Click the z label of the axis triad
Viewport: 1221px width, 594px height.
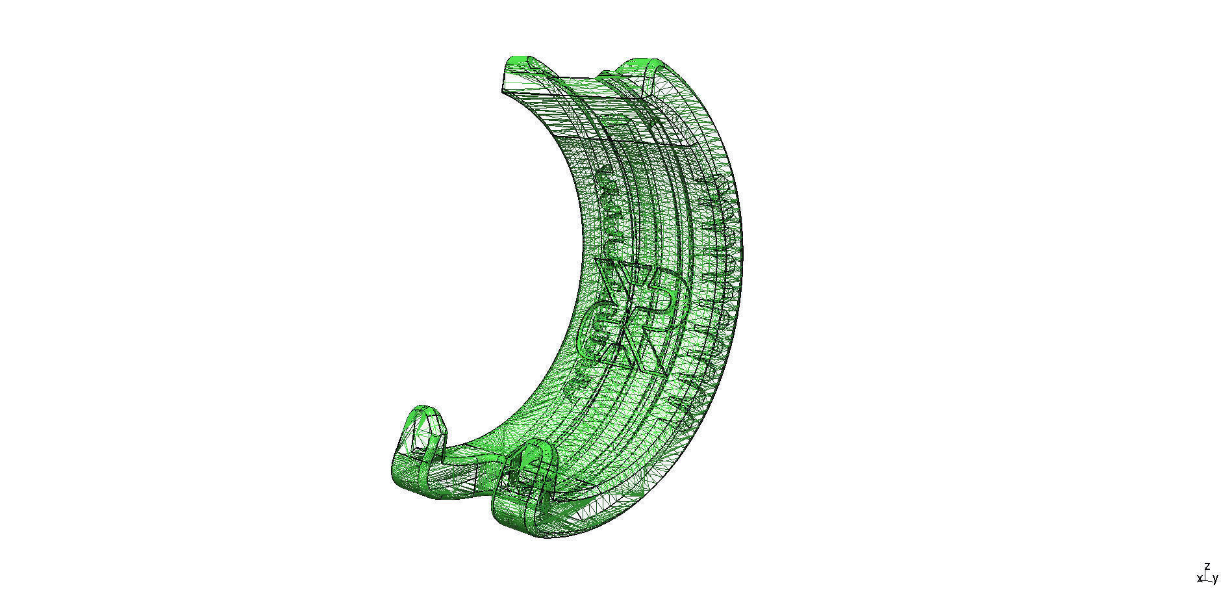tap(1207, 566)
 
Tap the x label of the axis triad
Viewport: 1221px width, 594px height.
tap(1200, 578)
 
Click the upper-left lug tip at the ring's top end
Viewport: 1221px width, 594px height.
tap(514, 67)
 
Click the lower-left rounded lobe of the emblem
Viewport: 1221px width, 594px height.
tap(594, 331)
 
